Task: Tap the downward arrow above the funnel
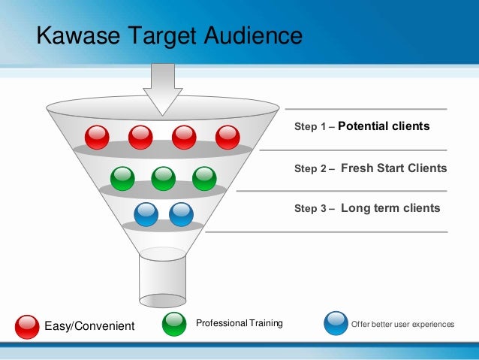[x=163, y=86]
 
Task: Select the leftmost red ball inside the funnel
[x=97, y=137]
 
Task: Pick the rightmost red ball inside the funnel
[x=227, y=137]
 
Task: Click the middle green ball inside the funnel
[x=163, y=178]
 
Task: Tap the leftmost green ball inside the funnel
[x=122, y=178]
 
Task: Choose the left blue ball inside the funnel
[x=146, y=214]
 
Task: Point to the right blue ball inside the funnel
[x=181, y=214]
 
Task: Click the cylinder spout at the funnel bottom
[x=163, y=279]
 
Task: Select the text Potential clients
[x=384, y=126]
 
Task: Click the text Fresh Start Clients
[x=393, y=168]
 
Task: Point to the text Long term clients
[x=390, y=208]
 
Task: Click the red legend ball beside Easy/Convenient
[x=27, y=325]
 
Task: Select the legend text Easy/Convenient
[x=89, y=325]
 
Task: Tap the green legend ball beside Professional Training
[x=174, y=323]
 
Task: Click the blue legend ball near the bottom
[x=336, y=323]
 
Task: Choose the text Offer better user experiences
[x=402, y=324]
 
